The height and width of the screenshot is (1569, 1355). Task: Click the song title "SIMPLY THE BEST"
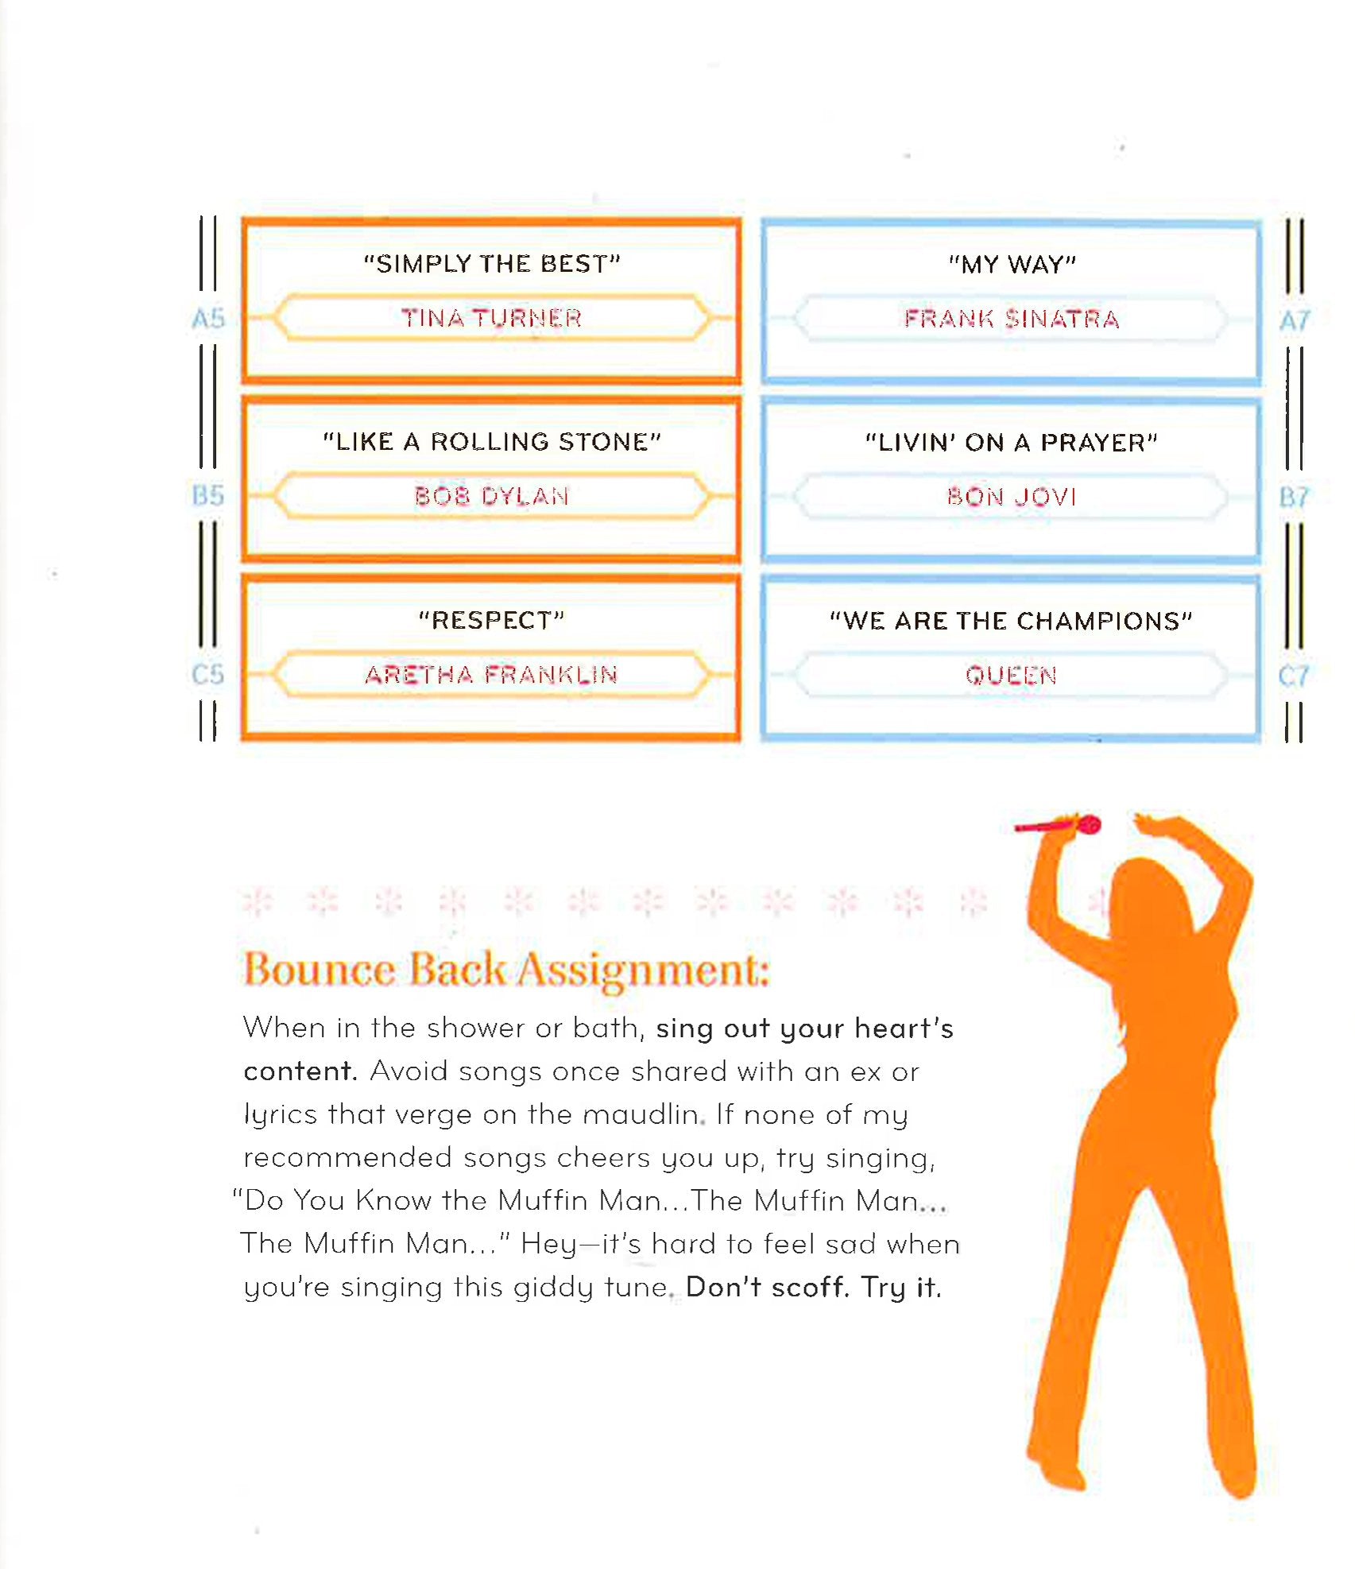[491, 263]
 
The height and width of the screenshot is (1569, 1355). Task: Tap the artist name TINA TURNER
[491, 318]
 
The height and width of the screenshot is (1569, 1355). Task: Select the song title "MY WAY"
[1012, 264]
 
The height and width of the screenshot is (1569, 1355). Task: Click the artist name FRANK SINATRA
[1012, 319]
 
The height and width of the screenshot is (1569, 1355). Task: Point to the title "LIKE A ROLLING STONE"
[491, 441]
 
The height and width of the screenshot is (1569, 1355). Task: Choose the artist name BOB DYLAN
[491, 496]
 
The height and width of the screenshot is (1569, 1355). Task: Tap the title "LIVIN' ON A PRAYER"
[1012, 442]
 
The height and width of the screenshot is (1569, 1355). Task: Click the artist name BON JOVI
[1012, 497]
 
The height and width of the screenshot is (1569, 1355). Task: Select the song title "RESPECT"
[491, 619]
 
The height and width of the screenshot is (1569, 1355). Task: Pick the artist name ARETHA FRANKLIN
[491, 674]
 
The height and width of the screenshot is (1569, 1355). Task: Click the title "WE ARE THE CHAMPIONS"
[1011, 620]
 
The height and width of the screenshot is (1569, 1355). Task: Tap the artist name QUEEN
[1011, 675]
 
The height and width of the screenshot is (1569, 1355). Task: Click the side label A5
[208, 319]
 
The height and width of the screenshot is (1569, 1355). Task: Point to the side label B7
[1294, 498]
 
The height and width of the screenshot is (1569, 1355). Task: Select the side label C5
[208, 674]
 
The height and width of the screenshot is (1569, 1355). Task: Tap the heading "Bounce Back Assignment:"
[506, 970]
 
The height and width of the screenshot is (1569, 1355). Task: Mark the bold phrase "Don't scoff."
[767, 1287]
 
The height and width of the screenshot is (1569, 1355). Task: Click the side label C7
[1294, 676]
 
